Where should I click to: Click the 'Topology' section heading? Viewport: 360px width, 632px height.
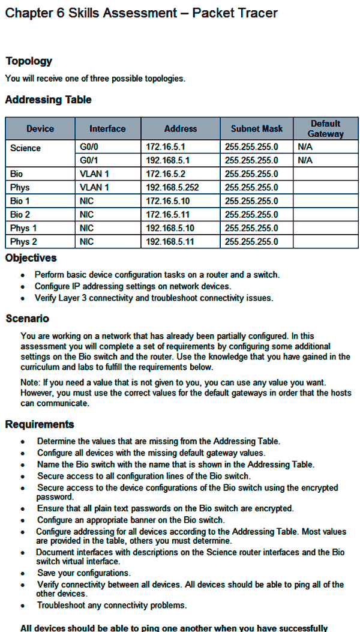[x=29, y=61]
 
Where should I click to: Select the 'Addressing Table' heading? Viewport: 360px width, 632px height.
[x=48, y=100]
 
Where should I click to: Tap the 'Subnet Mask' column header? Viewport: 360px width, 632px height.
[x=256, y=128]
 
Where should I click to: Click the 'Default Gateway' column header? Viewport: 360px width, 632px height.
[x=325, y=128]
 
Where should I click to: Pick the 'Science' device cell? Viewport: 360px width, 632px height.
[x=26, y=148]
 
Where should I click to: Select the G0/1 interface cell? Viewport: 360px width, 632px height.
[x=89, y=161]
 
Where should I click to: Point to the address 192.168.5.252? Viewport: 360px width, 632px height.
[x=172, y=187]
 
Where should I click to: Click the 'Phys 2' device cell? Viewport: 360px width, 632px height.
[x=23, y=241]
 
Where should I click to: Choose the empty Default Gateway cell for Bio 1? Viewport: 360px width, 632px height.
[x=325, y=201]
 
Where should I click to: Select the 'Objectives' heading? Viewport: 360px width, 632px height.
[x=31, y=258]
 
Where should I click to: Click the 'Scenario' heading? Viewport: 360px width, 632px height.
[x=27, y=319]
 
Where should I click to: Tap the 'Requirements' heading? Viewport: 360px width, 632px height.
[x=40, y=425]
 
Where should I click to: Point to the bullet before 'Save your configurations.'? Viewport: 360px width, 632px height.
[x=23, y=574]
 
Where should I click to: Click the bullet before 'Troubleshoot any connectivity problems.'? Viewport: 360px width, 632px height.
[x=23, y=606]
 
